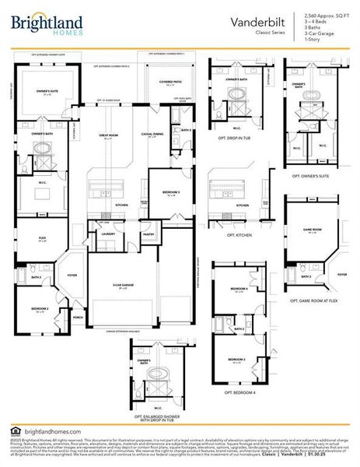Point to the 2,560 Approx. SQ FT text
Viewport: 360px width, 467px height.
point(326,16)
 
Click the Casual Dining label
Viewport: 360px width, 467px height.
point(152,134)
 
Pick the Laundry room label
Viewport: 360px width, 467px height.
point(108,233)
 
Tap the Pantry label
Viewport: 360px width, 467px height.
point(149,233)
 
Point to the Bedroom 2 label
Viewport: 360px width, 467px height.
point(41,309)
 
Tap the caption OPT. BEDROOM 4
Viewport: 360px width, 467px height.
point(240,392)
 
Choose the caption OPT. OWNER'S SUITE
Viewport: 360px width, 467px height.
point(311,177)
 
